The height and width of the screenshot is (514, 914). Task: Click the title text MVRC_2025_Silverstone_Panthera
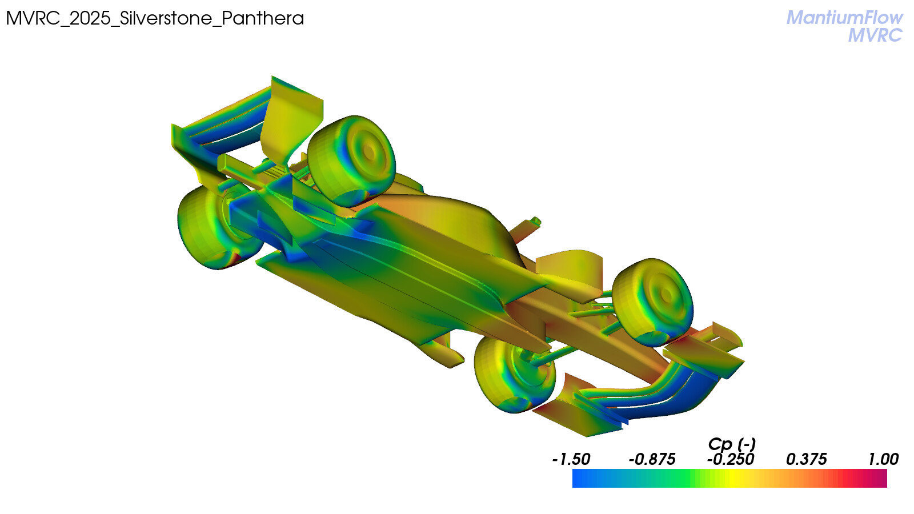coord(155,18)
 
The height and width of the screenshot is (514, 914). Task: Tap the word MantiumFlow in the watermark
coord(845,18)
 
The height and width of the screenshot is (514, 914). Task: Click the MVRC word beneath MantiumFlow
coord(875,35)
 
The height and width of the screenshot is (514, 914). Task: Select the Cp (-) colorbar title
coord(732,444)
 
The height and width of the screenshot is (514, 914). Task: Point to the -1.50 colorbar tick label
coord(571,460)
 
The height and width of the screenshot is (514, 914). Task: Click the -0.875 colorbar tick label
coord(652,460)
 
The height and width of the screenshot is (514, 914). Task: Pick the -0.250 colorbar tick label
coord(731,460)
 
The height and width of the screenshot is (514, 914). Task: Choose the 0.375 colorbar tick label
coord(806,460)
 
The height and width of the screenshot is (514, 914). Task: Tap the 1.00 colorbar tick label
coord(883,460)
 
